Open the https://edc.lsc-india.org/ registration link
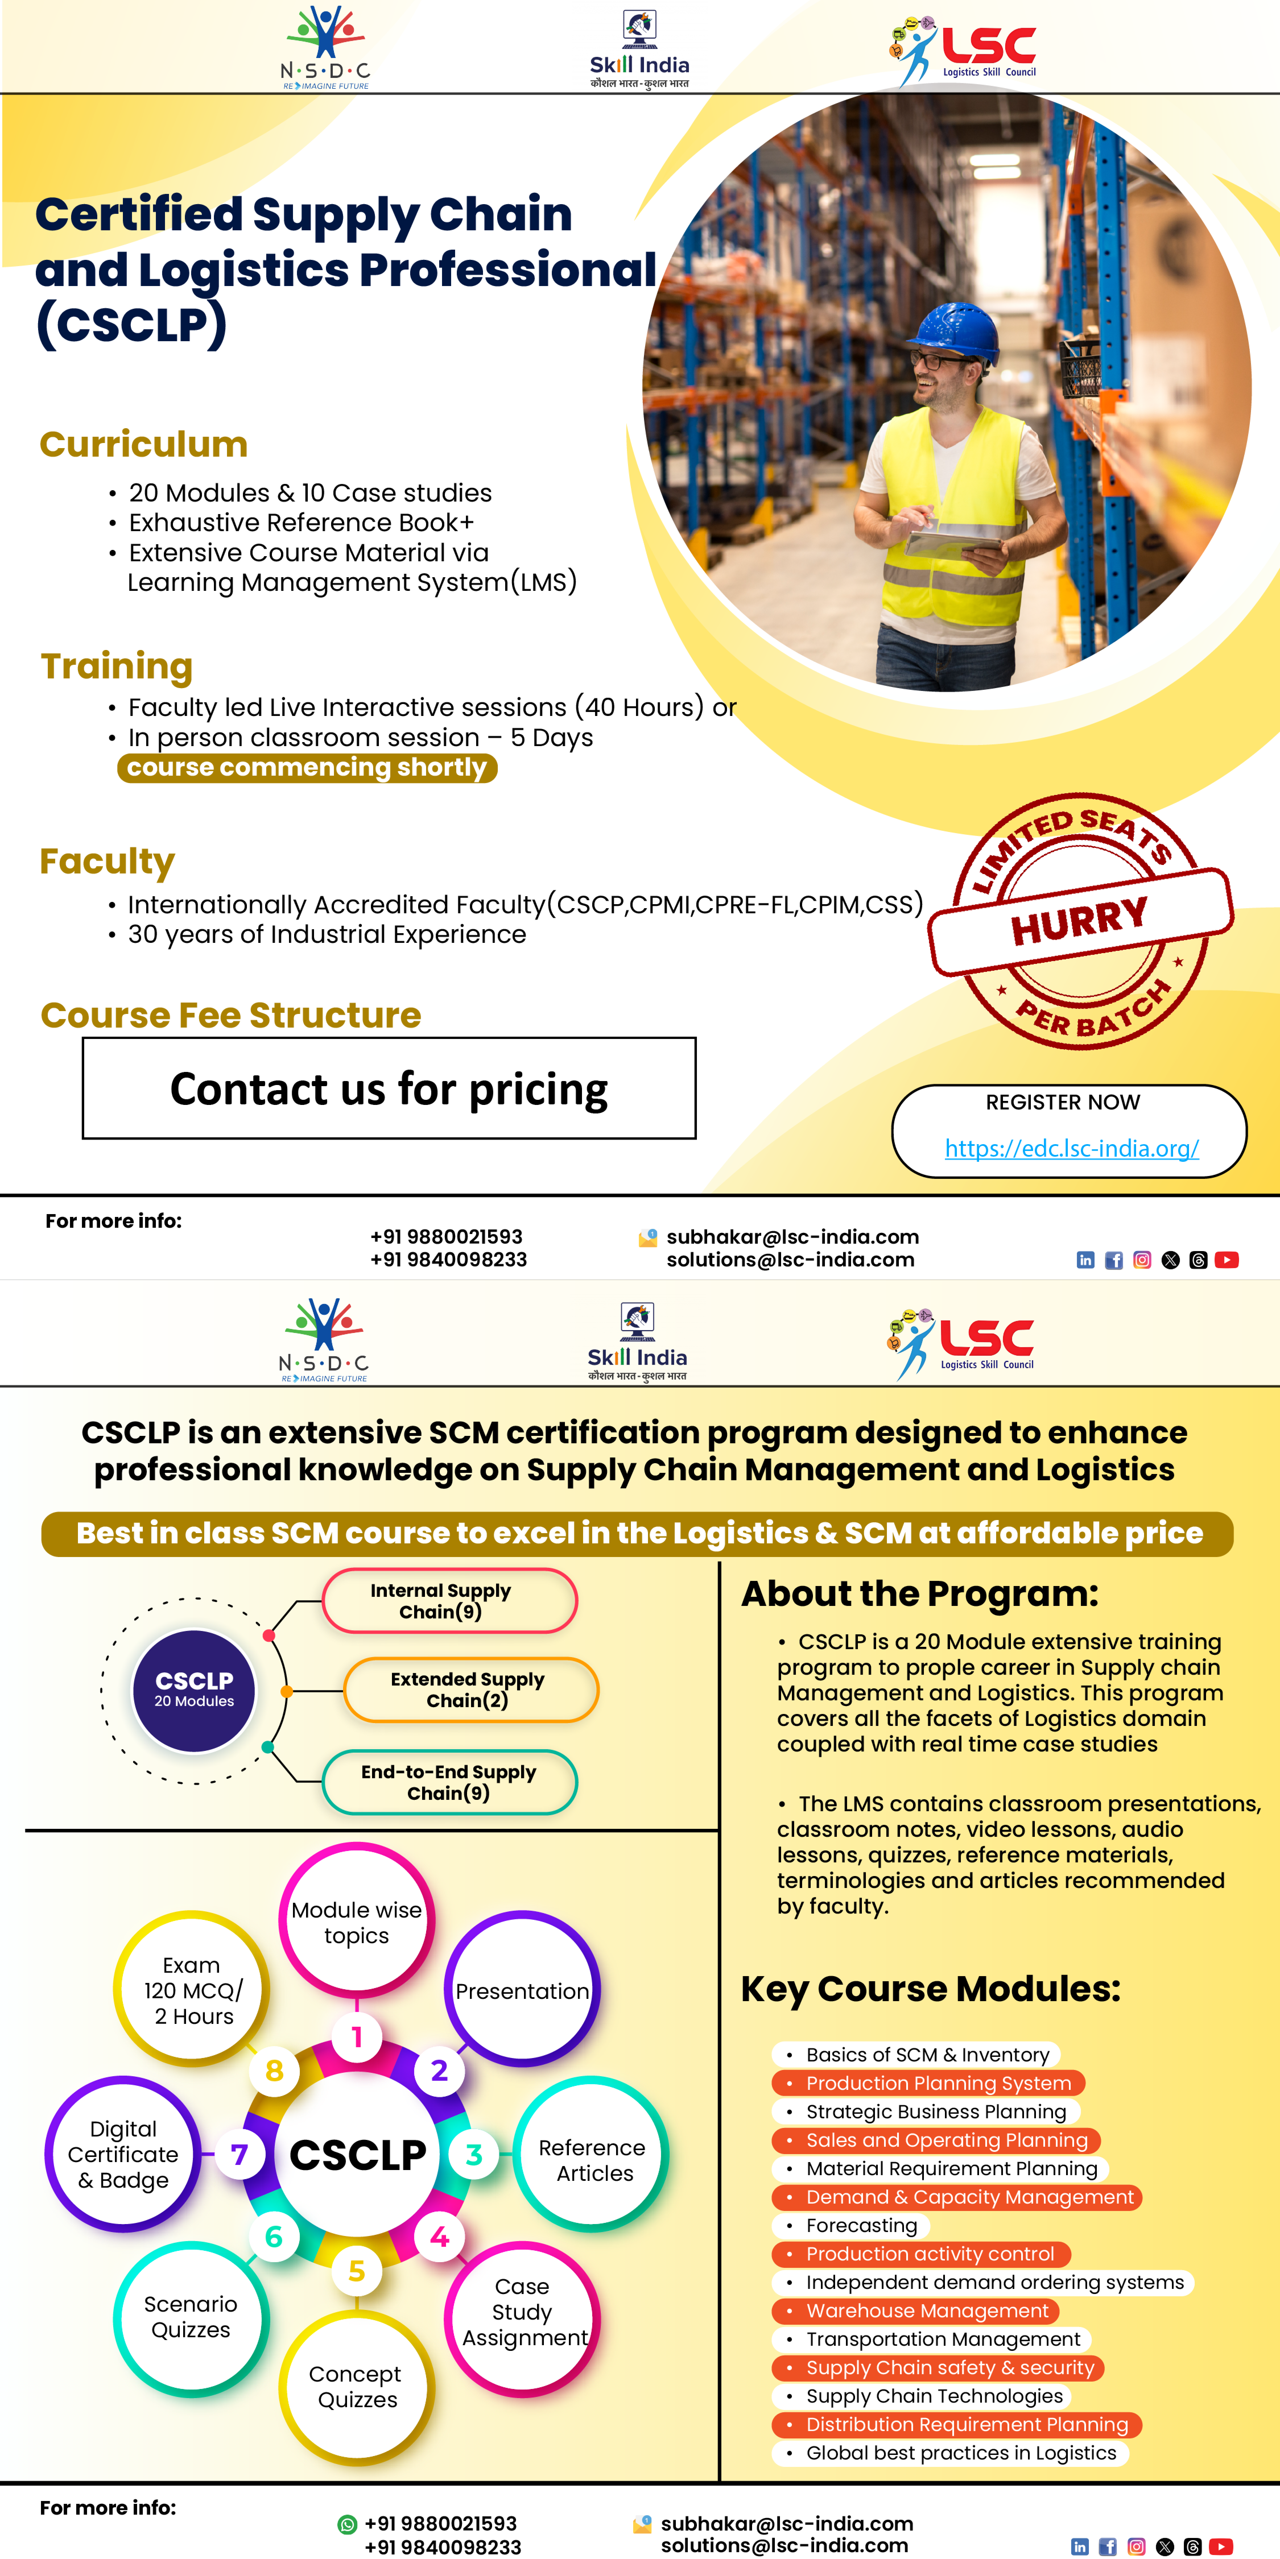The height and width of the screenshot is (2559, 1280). pyautogui.click(x=1071, y=1148)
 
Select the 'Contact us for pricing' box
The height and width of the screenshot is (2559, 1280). pyautogui.click(x=389, y=1089)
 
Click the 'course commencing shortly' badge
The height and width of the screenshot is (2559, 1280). pyautogui.click(x=307, y=768)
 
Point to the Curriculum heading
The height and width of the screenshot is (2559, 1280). pyautogui.click(x=144, y=444)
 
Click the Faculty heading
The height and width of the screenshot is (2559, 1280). pyautogui.click(x=107, y=861)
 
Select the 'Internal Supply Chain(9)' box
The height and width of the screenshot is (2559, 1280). pyautogui.click(x=449, y=1600)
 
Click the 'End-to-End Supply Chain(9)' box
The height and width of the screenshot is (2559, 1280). pyautogui.click(x=449, y=1782)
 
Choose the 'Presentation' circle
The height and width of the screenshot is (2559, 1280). pyautogui.click(x=522, y=1991)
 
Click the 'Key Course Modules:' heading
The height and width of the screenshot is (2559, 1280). pyautogui.click(x=930, y=1989)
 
